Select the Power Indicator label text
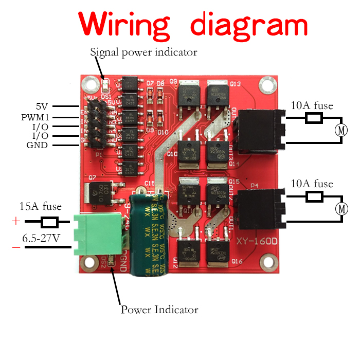(x=159, y=310)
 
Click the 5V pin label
(x=42, y=107)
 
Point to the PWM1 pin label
(x=35, y=117)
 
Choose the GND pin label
(x=37, y=145)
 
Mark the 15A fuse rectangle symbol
(x=49, y=222)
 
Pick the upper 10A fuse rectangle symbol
(x=314, y=119)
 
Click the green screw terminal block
(x=98, y=232)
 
